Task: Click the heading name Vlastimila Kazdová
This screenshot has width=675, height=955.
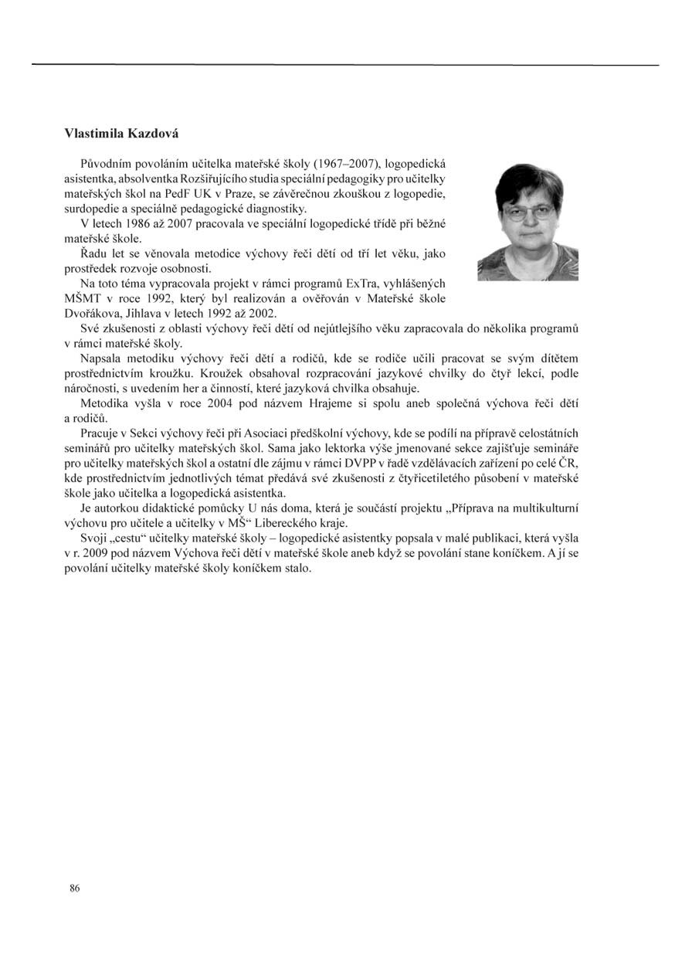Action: click(x=121, y=134)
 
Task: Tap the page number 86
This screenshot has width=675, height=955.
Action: click(x=75, y=888)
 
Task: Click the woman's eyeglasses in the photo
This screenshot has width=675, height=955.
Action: click(x=529, y=210)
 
